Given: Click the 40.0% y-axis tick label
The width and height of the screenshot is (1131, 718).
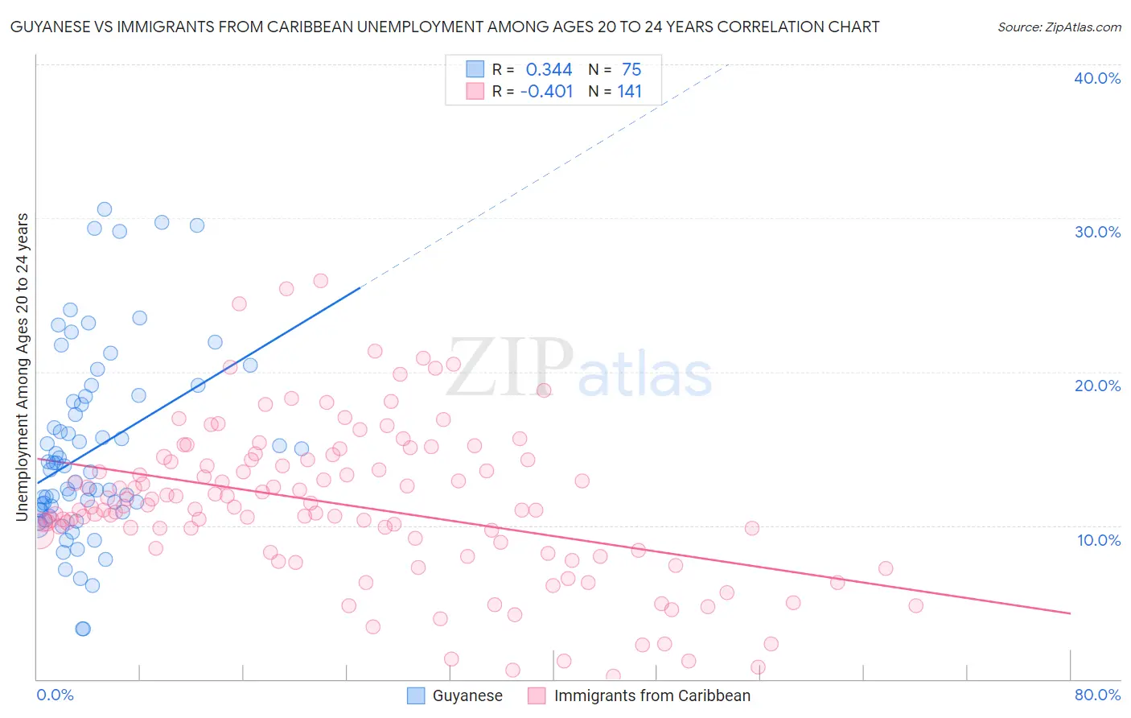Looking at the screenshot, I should click(1097, 78).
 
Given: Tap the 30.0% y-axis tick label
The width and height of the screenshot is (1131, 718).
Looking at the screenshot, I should click(1097, 232).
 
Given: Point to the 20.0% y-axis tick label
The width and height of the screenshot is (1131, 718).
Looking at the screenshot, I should click(1097, 386).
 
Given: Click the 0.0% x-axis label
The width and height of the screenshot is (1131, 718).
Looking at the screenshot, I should click(55, 695).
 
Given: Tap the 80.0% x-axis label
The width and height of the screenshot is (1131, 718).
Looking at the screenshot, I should click(1097, 695).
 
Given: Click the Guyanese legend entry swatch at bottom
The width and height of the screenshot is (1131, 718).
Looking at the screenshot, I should click(415, 695).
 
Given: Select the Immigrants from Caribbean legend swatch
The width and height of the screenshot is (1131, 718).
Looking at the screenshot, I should click(537, 695).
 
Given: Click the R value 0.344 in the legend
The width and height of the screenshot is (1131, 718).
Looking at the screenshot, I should click(549, 70).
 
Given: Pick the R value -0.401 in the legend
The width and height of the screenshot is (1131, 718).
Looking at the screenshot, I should click(546, 92).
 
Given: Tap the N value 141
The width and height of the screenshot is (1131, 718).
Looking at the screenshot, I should click(629, 92).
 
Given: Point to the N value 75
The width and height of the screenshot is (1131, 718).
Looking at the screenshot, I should click(631, 70).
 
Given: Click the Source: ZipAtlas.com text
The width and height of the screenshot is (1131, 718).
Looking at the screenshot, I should click(1059, 27).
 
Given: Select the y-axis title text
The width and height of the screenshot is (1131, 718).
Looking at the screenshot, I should click(23, 366).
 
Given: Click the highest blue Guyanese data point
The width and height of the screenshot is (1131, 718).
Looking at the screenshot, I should click(105, 209).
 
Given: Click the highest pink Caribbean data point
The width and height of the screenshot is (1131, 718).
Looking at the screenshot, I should click(320, 281).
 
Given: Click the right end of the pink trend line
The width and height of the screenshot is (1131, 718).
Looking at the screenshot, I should click(1070, 613).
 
